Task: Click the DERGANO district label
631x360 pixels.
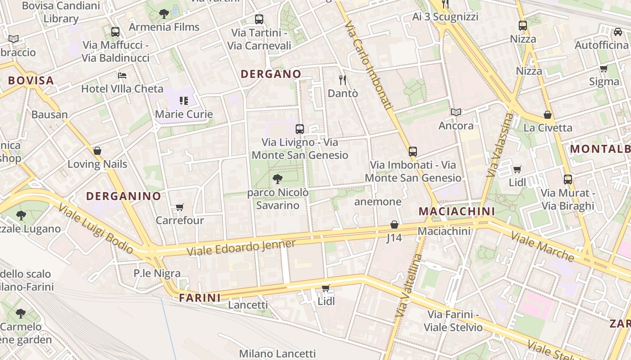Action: coord(270,74)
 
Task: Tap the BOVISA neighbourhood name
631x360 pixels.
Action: coord(31,81)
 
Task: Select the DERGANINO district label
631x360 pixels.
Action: coord(123,196)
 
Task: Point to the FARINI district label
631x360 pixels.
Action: coord(200,298)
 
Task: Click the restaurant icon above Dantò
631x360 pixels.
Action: coord(343,80)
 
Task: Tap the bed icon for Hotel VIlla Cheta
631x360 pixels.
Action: coord(122,75)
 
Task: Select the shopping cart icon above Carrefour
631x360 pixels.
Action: coord(180,207)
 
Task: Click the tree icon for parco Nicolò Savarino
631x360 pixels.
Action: coord(278,179)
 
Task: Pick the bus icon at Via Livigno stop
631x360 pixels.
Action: coord(299,129)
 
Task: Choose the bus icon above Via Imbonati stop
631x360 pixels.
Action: coord(413,152)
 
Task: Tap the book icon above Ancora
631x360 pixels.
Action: coord(456,112)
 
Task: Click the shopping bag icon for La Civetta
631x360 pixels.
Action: coord(548,115)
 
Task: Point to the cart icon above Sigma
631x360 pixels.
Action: coord(604,68)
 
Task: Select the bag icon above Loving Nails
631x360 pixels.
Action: coord(97,151)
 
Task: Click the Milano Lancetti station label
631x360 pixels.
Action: coord(277,354)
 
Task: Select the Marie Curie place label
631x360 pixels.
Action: coord(183,114)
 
